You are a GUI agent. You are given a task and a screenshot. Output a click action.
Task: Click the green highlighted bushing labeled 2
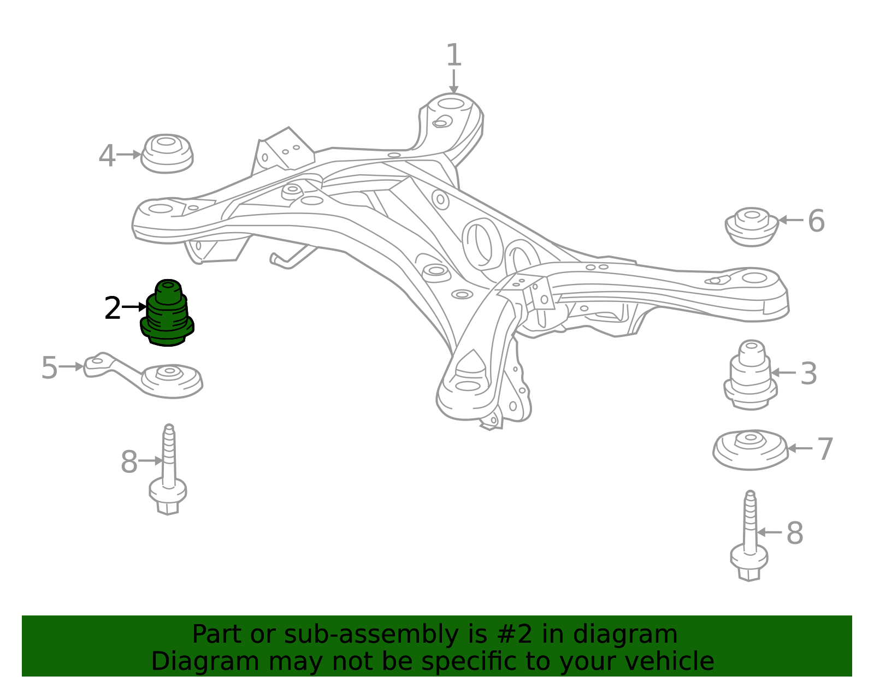(x=167, y=313)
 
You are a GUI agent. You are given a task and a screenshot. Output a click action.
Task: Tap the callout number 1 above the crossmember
(x=454, y=55)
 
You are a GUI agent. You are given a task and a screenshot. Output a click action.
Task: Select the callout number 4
(x=107, y=156)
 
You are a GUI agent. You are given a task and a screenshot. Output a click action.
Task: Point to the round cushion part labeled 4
(x=167, y=153)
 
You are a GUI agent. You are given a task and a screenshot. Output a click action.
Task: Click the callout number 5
(x=50, y=367)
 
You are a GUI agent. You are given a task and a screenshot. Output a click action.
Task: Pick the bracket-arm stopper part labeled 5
(x=144, y=375)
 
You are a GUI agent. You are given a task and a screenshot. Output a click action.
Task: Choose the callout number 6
(x=816, y=221)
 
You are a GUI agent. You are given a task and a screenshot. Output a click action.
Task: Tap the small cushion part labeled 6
(x=752, y=227)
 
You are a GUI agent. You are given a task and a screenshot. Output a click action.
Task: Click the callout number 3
(x=809, y=373)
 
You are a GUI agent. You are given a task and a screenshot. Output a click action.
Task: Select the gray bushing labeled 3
(x=751, y=375)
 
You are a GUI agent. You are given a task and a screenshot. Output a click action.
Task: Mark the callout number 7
(x=825, y=449)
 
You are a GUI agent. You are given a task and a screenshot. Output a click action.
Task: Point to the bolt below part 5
(x=168, y=470)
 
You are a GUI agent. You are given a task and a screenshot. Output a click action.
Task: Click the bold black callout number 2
(x=112, y=309)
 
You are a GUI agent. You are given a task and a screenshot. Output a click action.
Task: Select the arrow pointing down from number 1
(x=454, y=81)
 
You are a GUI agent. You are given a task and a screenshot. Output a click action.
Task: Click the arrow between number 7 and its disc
(x=800, y=448)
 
